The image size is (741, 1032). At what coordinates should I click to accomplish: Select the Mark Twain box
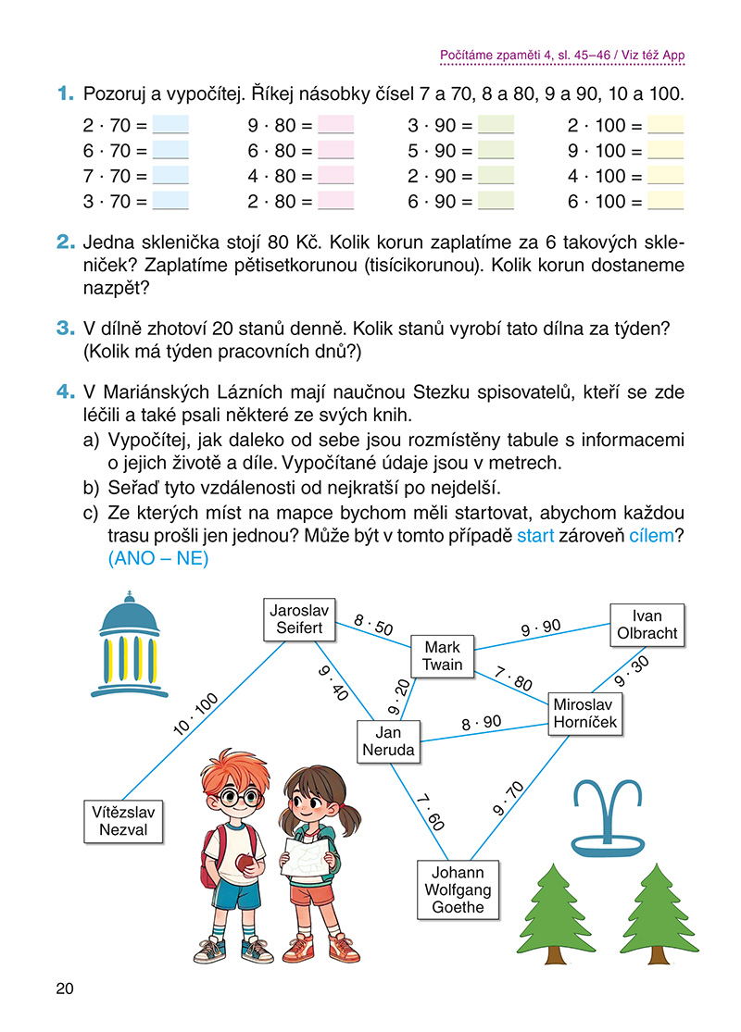tap(442, 656)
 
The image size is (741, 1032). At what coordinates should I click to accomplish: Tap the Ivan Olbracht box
tap(647, 625)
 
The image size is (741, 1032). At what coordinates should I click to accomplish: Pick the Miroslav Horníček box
tap(585, 713)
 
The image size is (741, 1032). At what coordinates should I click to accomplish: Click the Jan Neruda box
tap(387, 741)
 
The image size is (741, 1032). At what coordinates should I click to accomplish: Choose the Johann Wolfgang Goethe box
tap(458, 889)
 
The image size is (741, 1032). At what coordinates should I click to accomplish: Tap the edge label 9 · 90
tap(541, 628)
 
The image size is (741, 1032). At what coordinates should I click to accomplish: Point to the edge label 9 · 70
tap(509, 799)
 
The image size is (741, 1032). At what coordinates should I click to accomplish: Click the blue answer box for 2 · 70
tap(170, 125)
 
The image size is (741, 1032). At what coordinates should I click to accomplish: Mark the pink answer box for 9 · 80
tap(335, 125)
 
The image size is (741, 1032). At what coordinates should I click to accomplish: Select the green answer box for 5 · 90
tap(495, 151)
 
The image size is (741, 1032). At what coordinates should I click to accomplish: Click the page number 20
tap(64, 988)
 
